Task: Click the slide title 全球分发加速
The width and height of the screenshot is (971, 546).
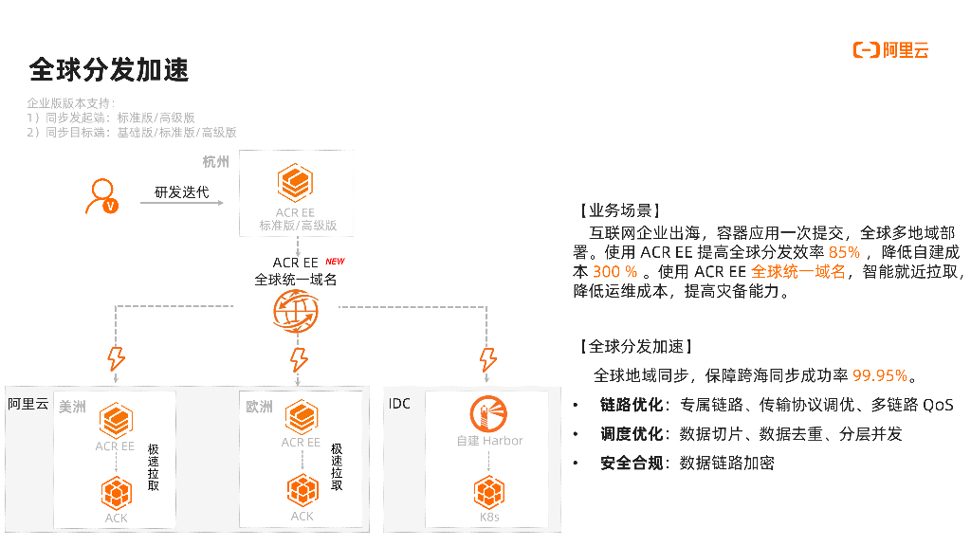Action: pos(109,70)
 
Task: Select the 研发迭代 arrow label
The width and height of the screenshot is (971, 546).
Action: pos(182,193)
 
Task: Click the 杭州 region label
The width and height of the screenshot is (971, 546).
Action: pos(216,162)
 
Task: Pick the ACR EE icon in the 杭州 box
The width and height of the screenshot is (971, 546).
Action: pos(296,181)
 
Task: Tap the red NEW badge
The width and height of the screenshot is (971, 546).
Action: pos(335,262)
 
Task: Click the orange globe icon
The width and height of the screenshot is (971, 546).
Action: pos(296,310)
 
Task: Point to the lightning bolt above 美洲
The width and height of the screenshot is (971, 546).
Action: pos(117,359)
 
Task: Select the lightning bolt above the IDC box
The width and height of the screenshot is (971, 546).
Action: pos(488,359)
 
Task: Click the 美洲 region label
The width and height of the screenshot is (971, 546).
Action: pos(72,407)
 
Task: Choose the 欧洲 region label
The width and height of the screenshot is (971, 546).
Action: pos(259,407)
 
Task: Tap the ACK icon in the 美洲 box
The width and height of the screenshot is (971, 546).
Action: pos(116,491)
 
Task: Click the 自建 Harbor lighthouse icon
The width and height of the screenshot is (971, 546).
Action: pos(488,413)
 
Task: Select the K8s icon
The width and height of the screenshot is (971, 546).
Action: pos(488,492)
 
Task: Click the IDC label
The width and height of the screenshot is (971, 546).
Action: pos(399,404)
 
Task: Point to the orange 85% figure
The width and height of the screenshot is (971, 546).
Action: pos(844,252)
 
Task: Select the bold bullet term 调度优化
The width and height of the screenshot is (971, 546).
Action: pos(631,434)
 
